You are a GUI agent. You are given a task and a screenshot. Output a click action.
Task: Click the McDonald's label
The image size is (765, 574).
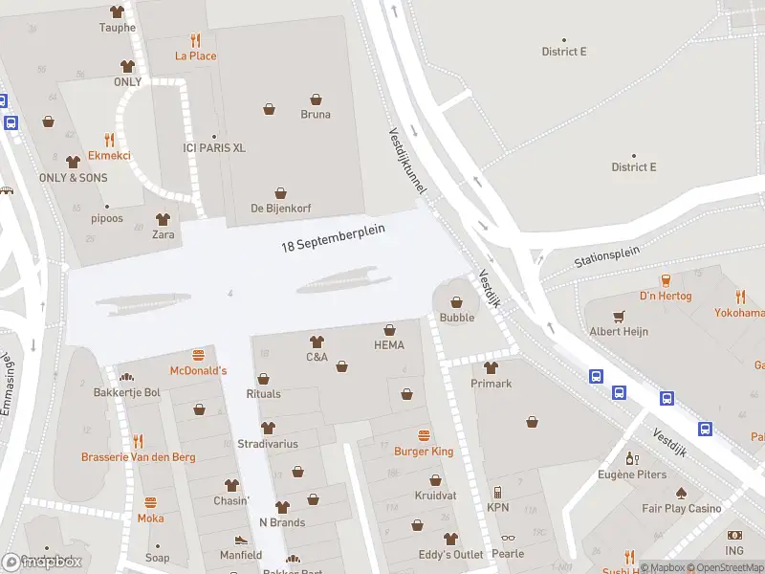(x=198, y=370)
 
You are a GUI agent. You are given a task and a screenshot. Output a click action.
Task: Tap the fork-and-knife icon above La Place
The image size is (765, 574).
(x=196, y=40)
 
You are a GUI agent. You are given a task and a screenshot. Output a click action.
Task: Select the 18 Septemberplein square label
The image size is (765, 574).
(x=333, y=239)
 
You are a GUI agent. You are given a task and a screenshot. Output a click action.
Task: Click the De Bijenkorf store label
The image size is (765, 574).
(x=281, y=208)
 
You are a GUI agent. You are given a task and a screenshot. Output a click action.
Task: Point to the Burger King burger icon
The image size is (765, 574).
(x=424, y=434)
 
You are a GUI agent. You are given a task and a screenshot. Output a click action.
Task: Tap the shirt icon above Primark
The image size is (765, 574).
(x=492, y=367)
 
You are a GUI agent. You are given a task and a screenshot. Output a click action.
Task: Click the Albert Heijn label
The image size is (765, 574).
(x=619, y=331)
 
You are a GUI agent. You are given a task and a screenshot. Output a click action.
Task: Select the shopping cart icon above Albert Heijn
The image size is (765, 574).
(x=619, y=316)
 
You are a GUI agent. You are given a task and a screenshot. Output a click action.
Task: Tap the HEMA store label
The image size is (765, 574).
(x=389, y=344)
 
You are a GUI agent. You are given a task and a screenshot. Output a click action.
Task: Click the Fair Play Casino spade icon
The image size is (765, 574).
(x=681, y=494)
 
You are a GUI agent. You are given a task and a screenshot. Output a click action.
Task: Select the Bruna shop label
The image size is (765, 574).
(x=316, y=114)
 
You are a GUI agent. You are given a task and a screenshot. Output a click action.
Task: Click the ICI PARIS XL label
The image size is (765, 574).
(x=214, y=148)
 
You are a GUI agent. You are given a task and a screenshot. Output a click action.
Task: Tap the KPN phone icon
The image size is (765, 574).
(x=497, y=492)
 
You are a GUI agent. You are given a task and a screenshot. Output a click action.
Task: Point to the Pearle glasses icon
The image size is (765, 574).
(x=507, y=539)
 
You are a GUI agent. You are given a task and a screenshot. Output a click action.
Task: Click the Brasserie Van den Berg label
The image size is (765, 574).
(x=139, y=457)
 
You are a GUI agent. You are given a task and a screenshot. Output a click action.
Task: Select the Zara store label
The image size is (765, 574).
(x=164, y=234)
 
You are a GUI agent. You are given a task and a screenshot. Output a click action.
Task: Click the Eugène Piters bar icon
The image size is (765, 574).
(x=631, y=459)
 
